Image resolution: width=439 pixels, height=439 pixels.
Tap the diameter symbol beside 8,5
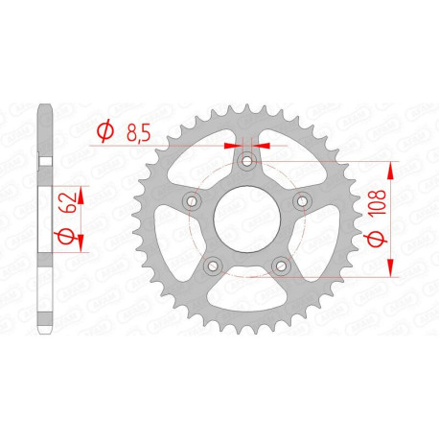point(105,133)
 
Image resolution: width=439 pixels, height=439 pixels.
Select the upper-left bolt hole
point(191,201)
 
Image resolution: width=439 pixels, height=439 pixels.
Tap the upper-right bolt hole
point(302,201)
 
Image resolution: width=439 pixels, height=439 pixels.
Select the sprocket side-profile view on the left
point(40,219)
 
